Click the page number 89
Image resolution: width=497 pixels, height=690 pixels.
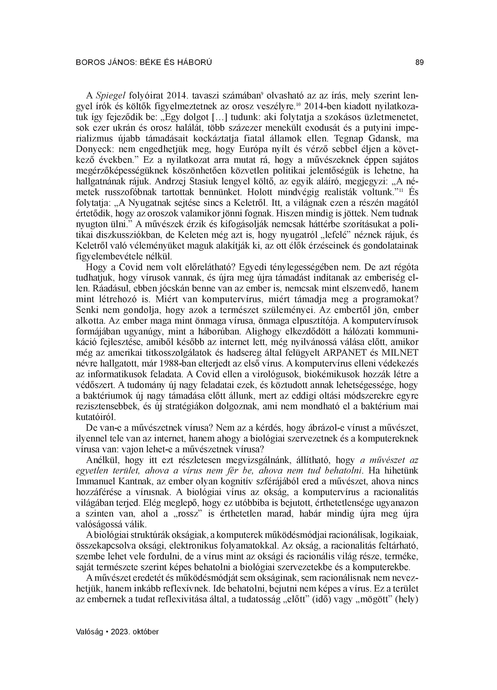(419, 62)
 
